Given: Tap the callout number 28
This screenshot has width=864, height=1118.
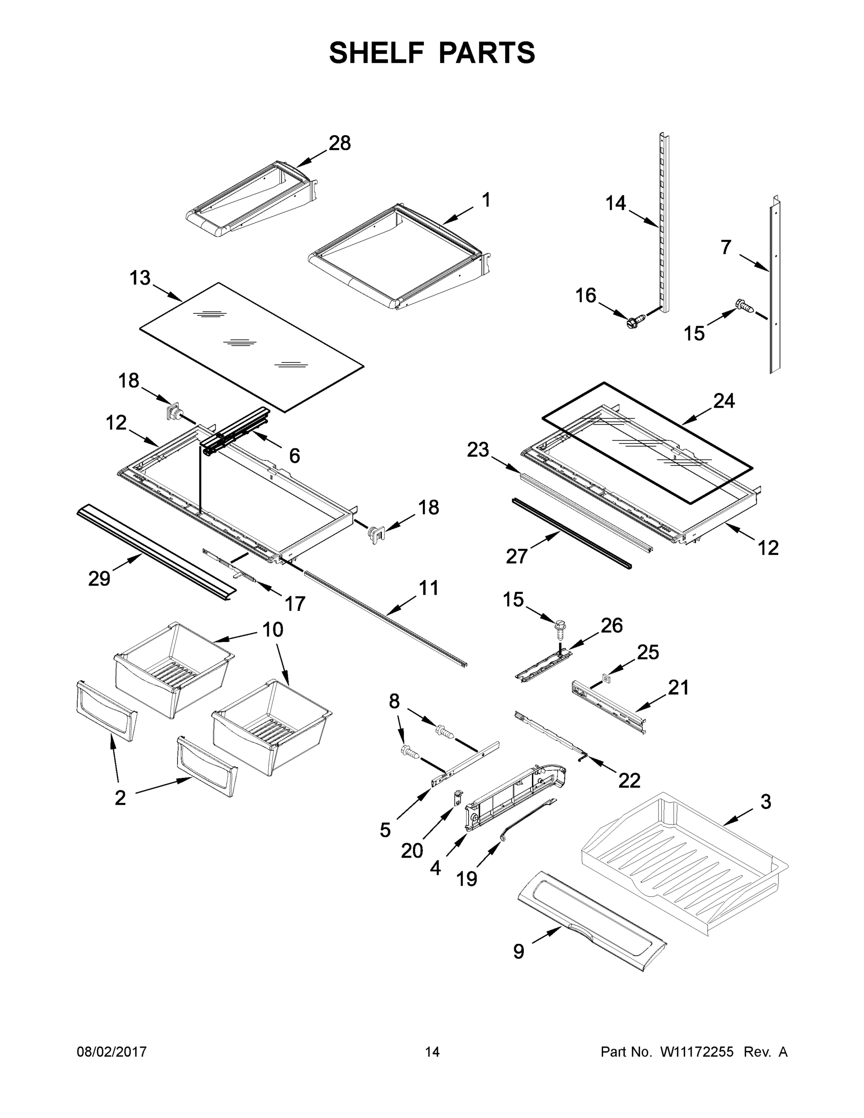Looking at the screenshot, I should tap(340, 143).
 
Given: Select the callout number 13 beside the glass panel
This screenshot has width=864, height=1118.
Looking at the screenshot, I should tap(140, 278).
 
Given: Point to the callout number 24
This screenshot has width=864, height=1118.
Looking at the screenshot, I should tap(724, 401).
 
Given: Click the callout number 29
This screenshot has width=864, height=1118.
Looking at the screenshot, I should tap(99, 579).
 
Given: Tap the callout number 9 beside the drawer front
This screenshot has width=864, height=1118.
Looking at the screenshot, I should tap(518, 951).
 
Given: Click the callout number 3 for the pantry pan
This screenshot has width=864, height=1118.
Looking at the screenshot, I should tap(765, 802).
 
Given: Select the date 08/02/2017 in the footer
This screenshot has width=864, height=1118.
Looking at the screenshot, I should tap(112, 1051).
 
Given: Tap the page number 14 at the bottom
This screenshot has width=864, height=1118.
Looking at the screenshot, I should tap(432, 1051).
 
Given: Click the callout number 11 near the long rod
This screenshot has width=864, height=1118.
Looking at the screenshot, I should tap(429, 588).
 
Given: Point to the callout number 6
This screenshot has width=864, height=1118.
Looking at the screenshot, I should tap(294, 456).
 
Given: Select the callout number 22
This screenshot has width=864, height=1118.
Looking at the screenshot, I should tap(629, 780).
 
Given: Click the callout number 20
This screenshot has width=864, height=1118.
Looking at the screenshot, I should tap(412, 851).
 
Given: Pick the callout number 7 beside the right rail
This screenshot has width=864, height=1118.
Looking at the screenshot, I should tap(725, 247).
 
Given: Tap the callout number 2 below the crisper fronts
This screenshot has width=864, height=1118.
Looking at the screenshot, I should tap(120, 798).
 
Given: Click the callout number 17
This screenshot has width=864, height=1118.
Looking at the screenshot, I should tap(294, 604).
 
